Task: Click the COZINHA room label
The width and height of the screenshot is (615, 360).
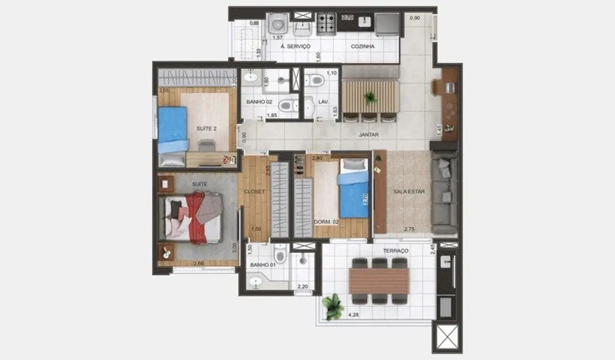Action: point(362,47)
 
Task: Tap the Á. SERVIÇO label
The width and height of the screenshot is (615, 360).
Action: point(295,47)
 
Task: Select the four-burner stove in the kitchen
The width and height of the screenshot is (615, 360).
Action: point(326,23)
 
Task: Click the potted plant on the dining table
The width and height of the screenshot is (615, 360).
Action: point(370,97)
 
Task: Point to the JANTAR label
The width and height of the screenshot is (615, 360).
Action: point(368,134)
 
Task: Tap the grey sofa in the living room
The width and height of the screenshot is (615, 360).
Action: point(444,194)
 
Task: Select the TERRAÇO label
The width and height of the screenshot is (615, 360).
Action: point(396,251)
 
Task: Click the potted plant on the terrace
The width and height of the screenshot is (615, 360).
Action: point(333,306)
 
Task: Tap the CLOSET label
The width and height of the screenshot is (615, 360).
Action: point(254,192)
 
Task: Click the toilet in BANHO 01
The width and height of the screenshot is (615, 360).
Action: point(280,255)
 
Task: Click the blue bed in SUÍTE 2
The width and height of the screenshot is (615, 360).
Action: point(173,130)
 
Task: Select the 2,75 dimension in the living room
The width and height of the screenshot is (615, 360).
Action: point(410,228)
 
